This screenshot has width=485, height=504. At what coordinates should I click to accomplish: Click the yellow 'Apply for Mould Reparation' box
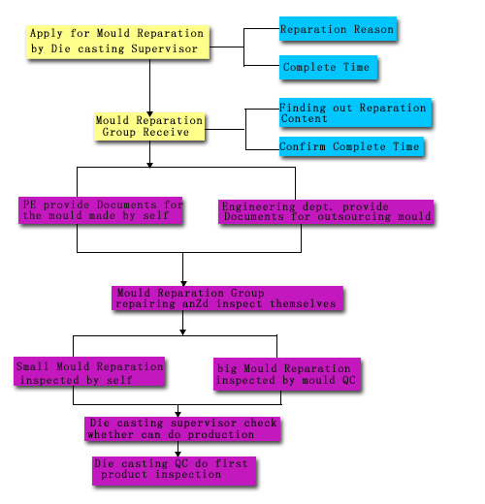117,43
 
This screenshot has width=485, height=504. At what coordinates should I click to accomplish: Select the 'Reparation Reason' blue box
338,29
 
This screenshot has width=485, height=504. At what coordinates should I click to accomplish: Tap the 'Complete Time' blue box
328,67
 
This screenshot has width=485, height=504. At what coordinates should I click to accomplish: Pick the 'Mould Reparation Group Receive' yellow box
149,126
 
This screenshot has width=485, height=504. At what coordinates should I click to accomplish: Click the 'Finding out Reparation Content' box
355,112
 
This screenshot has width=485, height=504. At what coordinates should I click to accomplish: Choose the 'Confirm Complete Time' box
351,146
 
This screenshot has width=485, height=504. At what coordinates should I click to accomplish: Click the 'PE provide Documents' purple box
101,210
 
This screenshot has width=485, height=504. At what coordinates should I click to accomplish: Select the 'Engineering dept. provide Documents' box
326,211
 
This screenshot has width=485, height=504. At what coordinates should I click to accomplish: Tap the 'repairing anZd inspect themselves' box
227,299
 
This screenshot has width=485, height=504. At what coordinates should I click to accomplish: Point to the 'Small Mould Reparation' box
89,371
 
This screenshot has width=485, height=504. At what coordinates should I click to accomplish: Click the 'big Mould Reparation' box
287,374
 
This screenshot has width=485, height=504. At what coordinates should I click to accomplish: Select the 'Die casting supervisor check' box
182,429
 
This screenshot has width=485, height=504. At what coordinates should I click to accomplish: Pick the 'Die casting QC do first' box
175,471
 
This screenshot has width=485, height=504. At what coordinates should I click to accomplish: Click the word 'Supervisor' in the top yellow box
164,48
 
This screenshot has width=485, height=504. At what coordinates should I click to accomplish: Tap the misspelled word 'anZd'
195,304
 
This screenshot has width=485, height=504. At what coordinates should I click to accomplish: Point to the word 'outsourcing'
354,216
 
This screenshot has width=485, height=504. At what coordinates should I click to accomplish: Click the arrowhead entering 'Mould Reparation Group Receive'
149,114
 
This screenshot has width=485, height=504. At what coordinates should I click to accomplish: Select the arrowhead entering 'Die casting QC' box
178,454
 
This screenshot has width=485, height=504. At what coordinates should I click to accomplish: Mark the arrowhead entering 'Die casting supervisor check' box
178,414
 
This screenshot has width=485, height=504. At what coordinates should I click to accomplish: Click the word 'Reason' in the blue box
373,29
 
